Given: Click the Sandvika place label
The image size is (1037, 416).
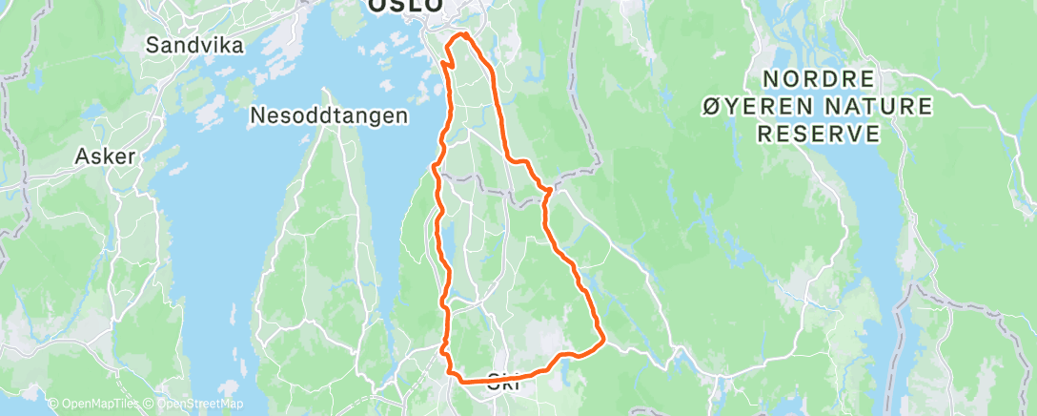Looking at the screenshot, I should [x=194, y=45].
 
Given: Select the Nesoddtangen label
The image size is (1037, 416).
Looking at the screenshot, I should [x=329, y=115].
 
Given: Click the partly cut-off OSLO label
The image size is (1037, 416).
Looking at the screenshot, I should [x=406, y=6].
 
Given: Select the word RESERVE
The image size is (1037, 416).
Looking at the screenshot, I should [x=818, y=135].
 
